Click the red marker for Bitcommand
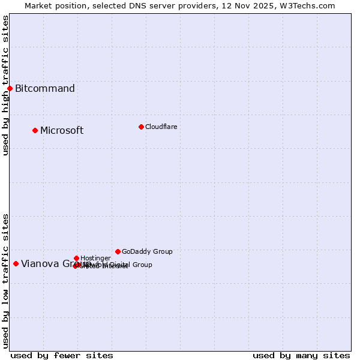10,89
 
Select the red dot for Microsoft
35,130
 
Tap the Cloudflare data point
141,127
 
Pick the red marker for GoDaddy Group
118,251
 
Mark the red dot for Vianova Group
16,263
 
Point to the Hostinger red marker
76,258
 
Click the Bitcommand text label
45,89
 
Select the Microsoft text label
62,131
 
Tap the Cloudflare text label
161,127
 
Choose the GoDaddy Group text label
147,251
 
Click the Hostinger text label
95,258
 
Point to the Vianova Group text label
48,263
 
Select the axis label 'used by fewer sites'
62,356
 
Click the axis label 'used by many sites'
301,356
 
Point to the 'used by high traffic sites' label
5,85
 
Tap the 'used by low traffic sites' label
5,281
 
